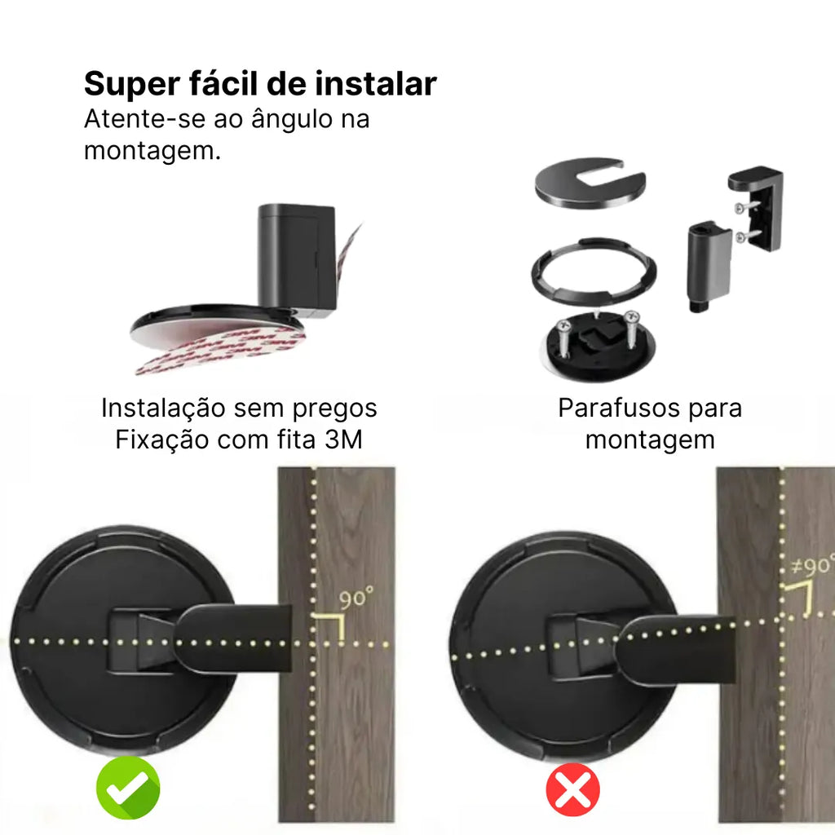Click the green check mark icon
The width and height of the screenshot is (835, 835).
point(128,788)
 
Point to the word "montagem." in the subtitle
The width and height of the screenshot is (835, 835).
point(152,151)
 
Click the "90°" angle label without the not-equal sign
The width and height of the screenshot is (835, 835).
point(356,598)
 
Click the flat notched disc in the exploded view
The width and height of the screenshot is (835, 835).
point(590,182)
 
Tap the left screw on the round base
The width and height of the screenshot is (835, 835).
point(563,337)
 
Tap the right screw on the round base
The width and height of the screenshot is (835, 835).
point(632,328)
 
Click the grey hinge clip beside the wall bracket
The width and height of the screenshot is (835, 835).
point(709,267)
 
